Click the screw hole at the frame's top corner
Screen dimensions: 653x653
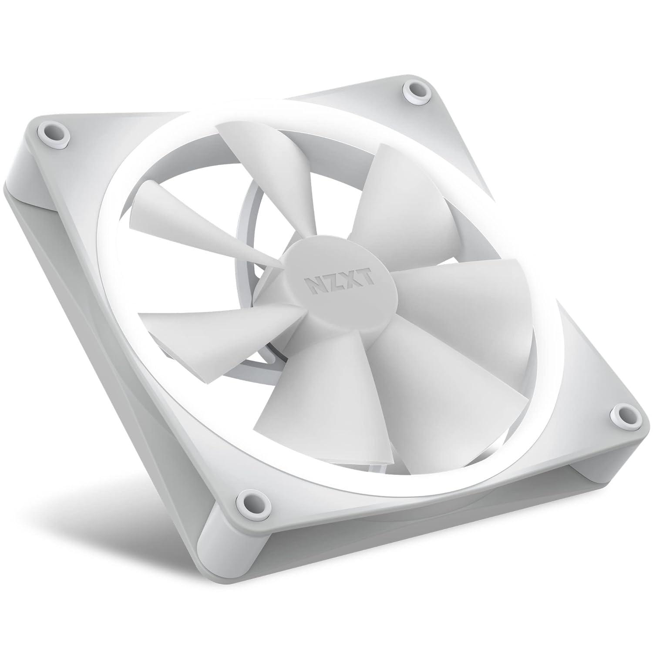click(x=414, y=91)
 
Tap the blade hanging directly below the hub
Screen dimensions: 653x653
click(x=305, y=392)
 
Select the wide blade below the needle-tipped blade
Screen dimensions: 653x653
click(x=205, y=322)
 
